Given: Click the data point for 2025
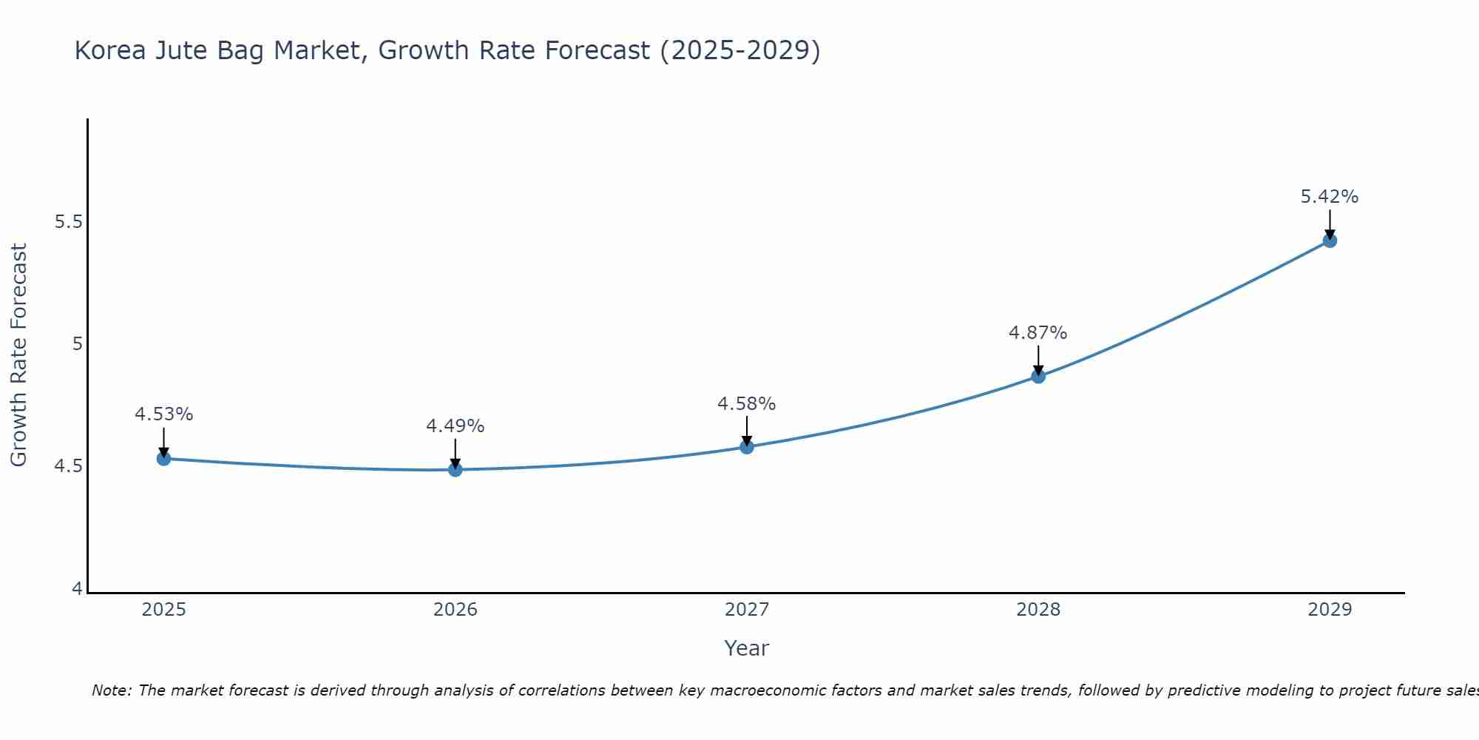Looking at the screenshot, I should (163, 459).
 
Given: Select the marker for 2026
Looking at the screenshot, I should (456, 469).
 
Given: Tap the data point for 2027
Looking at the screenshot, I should (747, 447).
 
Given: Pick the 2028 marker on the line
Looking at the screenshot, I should (1038, 376).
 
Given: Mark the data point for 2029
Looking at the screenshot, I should (1330, 240).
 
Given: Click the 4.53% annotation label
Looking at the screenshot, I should (163, 414).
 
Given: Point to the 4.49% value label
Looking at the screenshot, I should (456, 426).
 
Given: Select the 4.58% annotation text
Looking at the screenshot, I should (747, 404).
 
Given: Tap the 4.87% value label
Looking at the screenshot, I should (1038, 333).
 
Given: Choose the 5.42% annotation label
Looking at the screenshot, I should (1330, 197).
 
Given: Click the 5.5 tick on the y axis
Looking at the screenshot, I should (69, 222).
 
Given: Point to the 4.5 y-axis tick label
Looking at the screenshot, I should (69, 466).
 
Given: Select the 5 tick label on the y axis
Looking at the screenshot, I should (77, 344).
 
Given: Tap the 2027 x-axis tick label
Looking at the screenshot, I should (747, 610).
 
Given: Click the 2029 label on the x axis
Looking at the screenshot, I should (1330, 610).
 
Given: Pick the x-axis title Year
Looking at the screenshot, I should (747, 648).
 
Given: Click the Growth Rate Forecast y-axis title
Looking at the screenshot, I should (18, 355).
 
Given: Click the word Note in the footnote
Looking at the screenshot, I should (111, 690).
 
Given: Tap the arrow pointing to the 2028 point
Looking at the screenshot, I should (1038, 360).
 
